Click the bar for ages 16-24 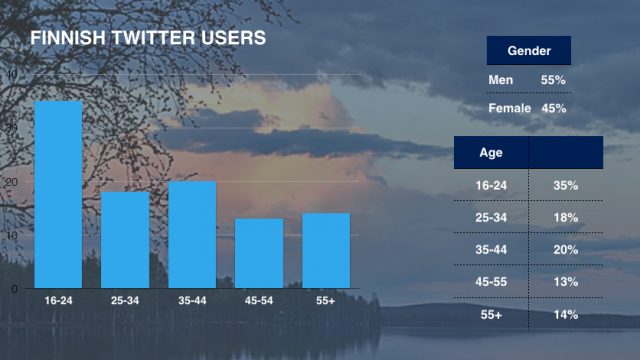click(x=58, y=195)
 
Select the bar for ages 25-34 click(x=125, y=240)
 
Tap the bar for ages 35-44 click(x=192, y=235)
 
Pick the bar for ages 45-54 click(x=259, y=253)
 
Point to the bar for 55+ click(x=326, y=251)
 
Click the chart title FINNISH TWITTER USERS click(x=147, y=39)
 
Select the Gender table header click(x=528, y=51)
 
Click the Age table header click(x=491, y=153)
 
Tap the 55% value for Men click(x=554, y=80)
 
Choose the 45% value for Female click(x=554, y=108)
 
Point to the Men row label click(x=500, y=80)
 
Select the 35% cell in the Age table click(x=566, y=185)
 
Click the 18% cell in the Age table click(x=566, y=217)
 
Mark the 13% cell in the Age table click(x=566, y=282)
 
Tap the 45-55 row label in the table click(x=491, y=282)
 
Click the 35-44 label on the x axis click(x=192, y=300)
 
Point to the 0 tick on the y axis click(x=14, y=289)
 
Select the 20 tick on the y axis click(x=12, y=182)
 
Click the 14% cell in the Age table click(x=566, y=315)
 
